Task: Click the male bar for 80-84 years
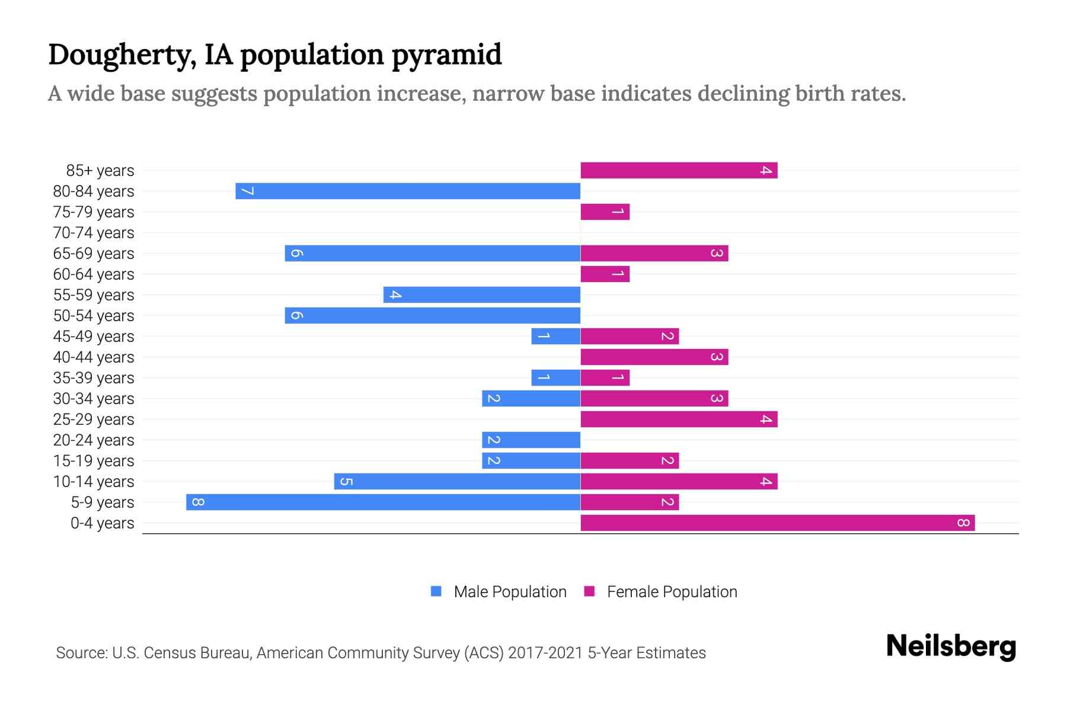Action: [408, 191]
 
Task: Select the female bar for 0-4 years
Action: [777, 523]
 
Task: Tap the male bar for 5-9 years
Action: [383, 502]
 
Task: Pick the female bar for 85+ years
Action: [679, 170]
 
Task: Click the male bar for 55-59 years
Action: [481, 294]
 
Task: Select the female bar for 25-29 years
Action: [679, 419]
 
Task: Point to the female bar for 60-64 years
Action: [605, 274]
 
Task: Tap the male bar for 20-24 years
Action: [531, 440]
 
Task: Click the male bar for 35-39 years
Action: [555, 377]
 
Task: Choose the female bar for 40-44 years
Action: [654, 357]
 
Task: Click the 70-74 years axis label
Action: [94, 233]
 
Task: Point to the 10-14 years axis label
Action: [94, 482]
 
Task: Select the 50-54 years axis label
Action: [94, 316]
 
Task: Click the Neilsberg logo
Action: [951, 646]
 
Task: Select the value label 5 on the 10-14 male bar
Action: [347, 481]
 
